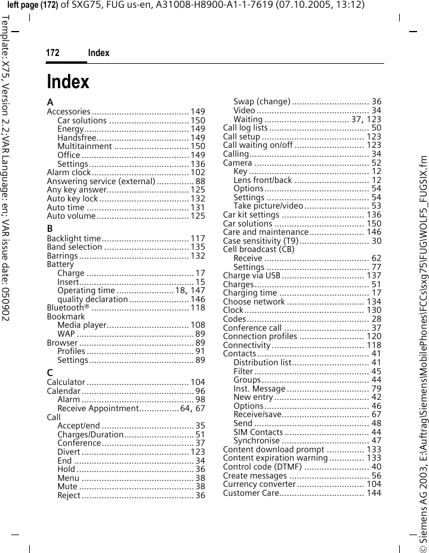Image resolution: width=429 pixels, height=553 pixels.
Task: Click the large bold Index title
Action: (x=68, y=82)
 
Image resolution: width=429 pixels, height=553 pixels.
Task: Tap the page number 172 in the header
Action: (x=53, y=53)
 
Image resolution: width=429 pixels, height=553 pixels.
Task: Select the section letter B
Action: (x=50, y=228)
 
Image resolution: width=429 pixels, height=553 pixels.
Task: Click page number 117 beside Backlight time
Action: (x=198, y=238)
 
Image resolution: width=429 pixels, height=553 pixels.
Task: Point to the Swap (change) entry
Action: (x=262, y=101)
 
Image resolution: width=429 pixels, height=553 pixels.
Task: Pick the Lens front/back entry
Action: (x=263, y=180)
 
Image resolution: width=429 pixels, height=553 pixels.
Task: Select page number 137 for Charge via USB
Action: (x=374, y=275)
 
